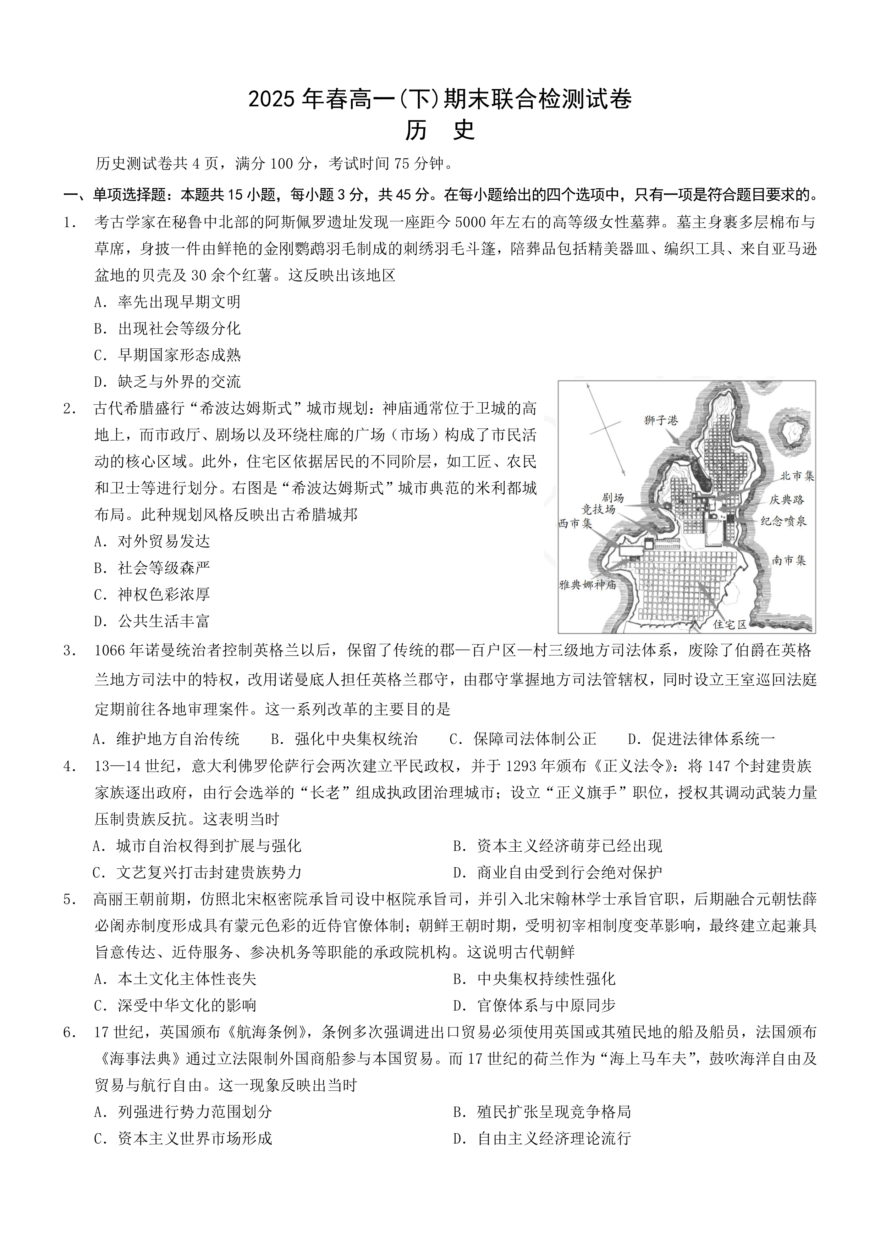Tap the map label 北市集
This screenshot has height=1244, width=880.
pyautogui.click(x=797, y=476)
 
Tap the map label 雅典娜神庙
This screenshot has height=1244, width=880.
pyautogui.click(x=587, y=585)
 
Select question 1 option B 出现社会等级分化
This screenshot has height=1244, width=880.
pyautogui.click(x=167, y=329)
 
